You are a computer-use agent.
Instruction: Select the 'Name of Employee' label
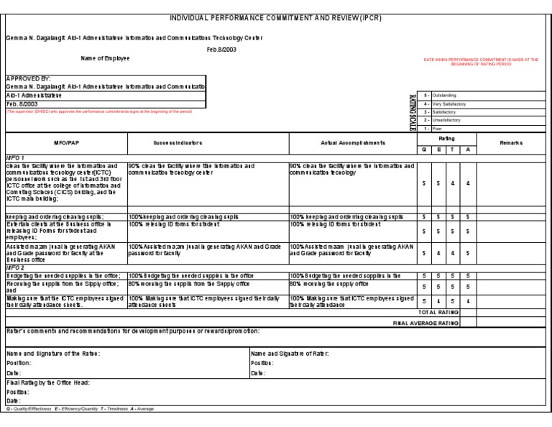(x=105, y=58)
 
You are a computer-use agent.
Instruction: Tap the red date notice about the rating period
(x=481, y=62)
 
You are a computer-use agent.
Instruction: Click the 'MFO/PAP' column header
(x=66, y=143)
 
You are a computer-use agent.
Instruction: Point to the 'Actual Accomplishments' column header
(x=354, y=143)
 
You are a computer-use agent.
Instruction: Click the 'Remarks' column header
(x=512, y=143)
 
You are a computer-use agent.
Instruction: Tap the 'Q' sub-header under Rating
(x=425, y=149)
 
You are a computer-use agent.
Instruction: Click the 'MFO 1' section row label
(x=16, y=157)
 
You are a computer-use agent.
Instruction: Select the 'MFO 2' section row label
(x=16, y=267)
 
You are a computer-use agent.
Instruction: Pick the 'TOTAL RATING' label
(x=438, y=313)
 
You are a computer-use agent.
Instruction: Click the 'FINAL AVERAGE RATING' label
(x=425, y=323)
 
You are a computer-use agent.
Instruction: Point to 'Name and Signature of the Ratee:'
(x=53, y=354)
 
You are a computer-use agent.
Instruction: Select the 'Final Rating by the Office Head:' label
(x=48, y=383)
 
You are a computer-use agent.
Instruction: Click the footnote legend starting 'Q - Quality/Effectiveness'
(x=79, y=408)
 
